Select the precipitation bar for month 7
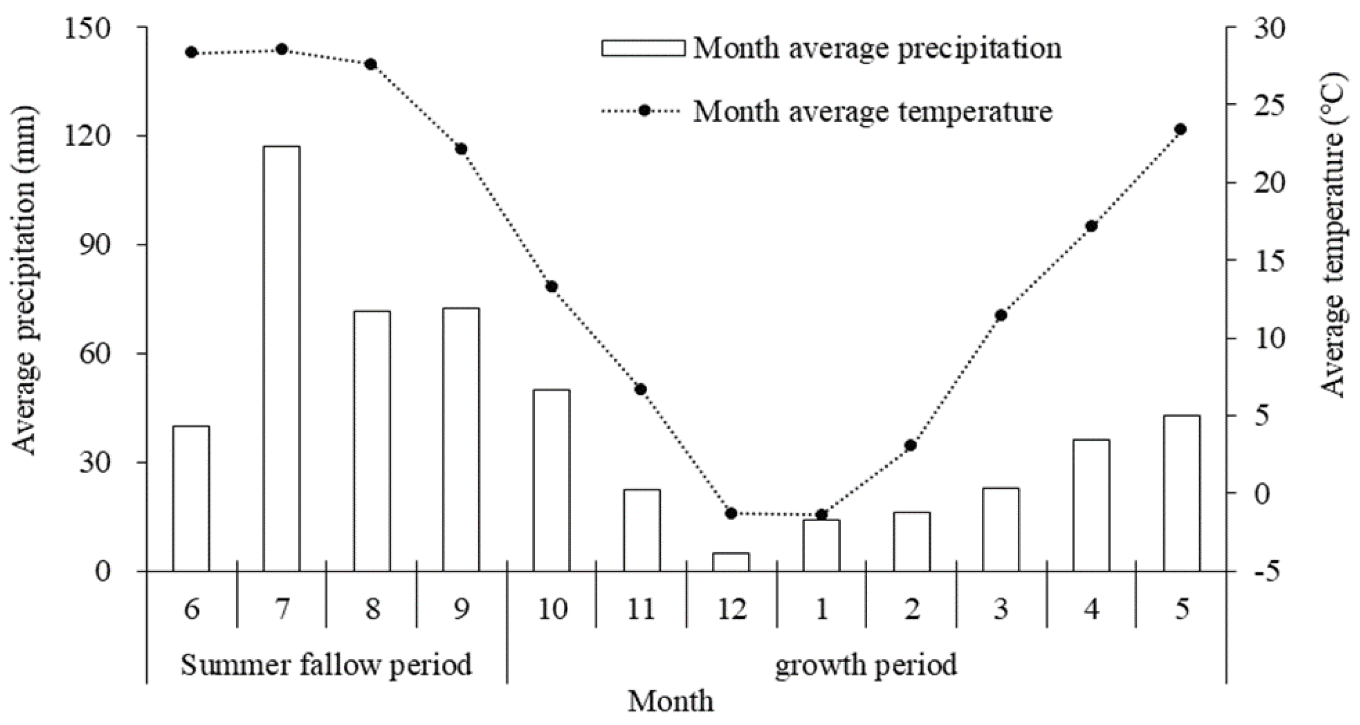point(282,358)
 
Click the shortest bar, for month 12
point(731,562)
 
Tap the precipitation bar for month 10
point(551,480)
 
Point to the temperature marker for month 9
point(461,149)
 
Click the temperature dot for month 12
point(731,513)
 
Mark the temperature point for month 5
point(1182,129)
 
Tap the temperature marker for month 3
point(1001,316)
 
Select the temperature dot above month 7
point(282,50)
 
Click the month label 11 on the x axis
point(641,609)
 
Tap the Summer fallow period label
point(326,665)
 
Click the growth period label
point(866,665)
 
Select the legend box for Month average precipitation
point(643,48)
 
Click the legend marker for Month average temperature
point(644,111)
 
